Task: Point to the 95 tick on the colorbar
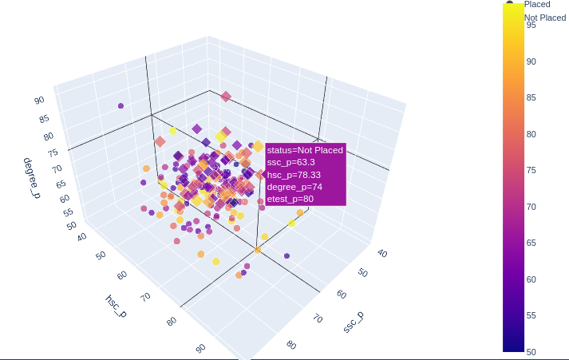[531, 25]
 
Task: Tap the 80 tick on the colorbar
[531, 134]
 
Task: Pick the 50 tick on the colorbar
[531, 351]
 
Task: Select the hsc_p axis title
[115, 305]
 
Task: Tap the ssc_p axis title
[354, 322]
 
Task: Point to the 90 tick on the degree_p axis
[39, 101]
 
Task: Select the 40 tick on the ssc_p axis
[381, 254]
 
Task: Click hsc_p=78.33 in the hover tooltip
[294, 175]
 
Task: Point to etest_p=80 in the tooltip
[290, 199]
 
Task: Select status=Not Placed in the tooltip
[305, 150]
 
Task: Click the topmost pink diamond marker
[226, 97]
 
